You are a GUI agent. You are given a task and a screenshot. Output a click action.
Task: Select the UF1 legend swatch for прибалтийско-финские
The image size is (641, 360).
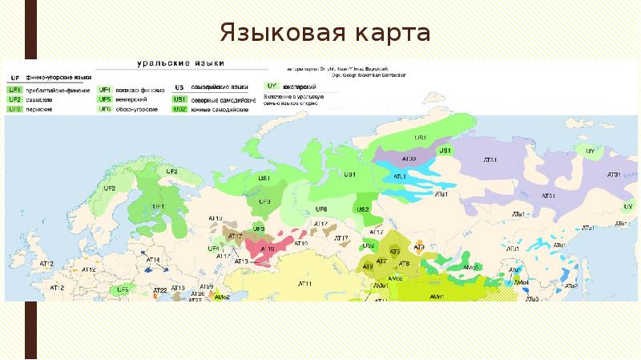14,90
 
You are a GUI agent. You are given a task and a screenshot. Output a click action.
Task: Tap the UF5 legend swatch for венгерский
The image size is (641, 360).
104,99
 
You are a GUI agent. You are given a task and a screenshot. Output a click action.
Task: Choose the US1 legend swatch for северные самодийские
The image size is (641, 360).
180,99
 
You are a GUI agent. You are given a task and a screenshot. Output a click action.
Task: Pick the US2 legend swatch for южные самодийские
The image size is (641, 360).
180,108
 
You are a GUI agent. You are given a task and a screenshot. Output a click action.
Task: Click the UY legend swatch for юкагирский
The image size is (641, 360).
271,86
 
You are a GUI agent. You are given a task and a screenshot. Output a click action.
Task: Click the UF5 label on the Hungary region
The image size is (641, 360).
123,289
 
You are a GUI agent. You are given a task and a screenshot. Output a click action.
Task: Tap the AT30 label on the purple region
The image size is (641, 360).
408,160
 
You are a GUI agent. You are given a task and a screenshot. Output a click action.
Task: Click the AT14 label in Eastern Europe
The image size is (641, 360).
153,261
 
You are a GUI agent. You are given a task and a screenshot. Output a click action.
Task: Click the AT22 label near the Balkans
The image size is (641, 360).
159,289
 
